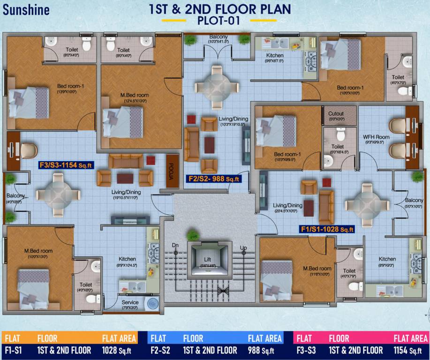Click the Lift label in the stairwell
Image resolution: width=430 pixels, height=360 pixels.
(x=207, y=259)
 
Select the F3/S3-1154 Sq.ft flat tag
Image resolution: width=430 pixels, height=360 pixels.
(x=67, y=165)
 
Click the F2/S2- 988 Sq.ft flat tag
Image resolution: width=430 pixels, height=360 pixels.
(x=214, y=179)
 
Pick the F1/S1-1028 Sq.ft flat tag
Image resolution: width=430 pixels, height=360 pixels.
(x=327, y=229)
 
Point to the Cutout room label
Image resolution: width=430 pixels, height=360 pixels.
(x=336, y=113)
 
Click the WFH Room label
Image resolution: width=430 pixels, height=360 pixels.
(x=374, y=137)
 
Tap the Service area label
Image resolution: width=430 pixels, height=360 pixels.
(x=130, y=302)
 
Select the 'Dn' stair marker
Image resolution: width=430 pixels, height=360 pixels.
(x=175, y=245)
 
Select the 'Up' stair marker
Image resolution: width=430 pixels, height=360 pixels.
(x=243, y=247)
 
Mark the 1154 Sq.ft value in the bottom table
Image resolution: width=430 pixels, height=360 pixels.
(x=411, y=350)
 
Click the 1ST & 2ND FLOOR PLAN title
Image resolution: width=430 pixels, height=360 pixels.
(x=219, y=9)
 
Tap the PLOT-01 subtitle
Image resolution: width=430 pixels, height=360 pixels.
(x=219, y=21)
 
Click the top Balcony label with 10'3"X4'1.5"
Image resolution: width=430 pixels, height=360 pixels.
(x=219, y=37)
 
